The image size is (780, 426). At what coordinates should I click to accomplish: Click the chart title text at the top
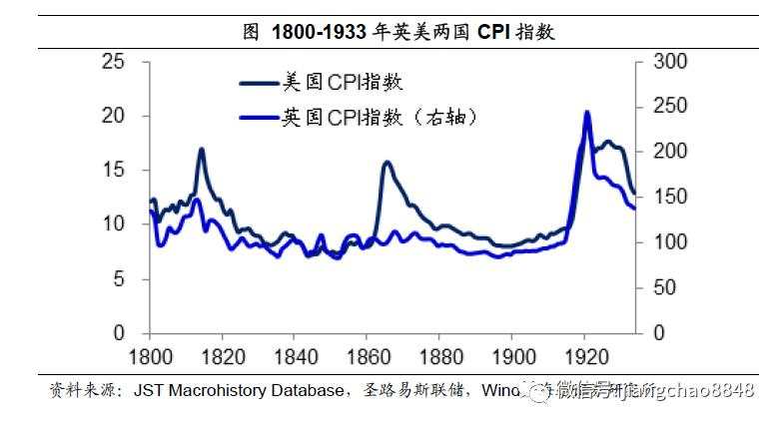399,31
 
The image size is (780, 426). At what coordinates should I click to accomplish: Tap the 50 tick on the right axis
662,288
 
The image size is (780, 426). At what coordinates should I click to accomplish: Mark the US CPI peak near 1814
201,149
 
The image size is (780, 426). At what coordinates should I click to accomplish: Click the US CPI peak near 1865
387,162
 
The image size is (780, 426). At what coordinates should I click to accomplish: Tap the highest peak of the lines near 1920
586,112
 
